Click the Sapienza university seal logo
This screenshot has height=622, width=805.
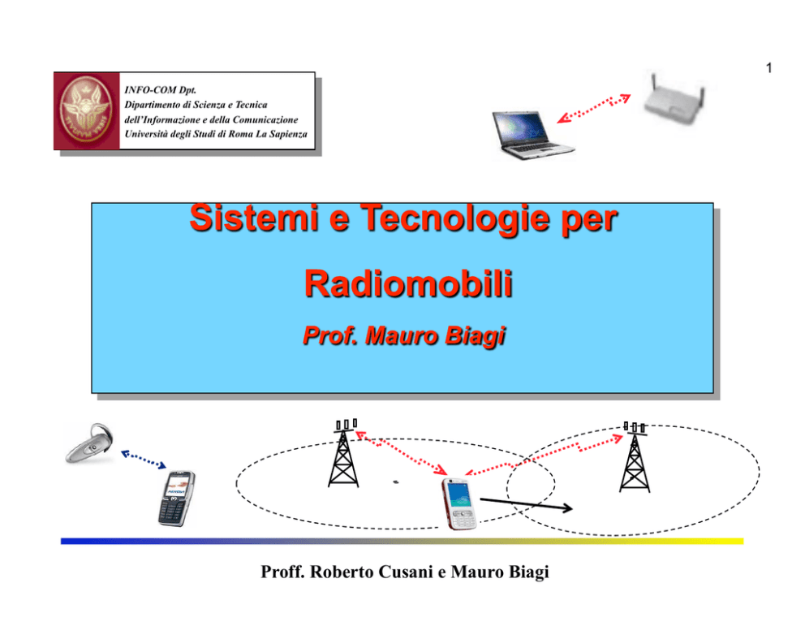pyautogui.click(x=86, y=111)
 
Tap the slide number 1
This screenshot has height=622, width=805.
pyautogui.click(x=768, y=67)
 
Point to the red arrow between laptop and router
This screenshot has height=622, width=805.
pyautogui.click(x=594, y=108)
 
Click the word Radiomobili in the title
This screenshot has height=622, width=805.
pyautogui.click(x=409, y=283)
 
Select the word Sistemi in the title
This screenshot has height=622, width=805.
pyautogui.click(x=254, y=218)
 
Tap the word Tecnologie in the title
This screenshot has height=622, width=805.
pyautogui.click(x=455, y=218)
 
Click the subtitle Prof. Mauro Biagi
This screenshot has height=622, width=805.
pyautogui.click(x=404, y=336)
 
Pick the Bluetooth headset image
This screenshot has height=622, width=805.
pyautogui.click(x=89, y=443)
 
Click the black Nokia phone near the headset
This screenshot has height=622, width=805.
pyautogui.click(x=177, y=499)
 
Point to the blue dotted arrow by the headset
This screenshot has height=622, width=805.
pyautogui.click(x=144, y=459)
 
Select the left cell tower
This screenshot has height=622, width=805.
pyautogui.click(x=343, y=453)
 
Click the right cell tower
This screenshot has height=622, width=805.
pyautogui.click(x=635, y=457)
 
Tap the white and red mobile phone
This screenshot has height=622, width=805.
pyautogui.click(x=459, y=504)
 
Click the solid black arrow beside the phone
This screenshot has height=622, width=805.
pyautogui.click(x=526, y=504)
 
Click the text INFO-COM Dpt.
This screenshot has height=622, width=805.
pyautogui.click(x=160, y=90)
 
